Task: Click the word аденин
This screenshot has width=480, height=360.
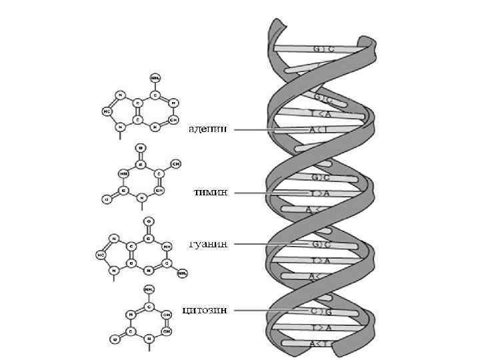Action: tap(207, 129)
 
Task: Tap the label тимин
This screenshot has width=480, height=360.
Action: tap(211, 193)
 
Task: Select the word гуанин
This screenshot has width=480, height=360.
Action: tap(208, 244)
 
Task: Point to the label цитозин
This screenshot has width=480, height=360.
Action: tap(205, 309)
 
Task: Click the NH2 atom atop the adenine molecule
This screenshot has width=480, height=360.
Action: tap(155, 78)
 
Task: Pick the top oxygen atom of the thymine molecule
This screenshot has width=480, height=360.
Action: tap(139, 147)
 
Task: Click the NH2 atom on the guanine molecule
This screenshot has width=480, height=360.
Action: tap(182, 273)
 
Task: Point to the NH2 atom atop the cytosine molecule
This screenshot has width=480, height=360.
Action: tap(149, 289)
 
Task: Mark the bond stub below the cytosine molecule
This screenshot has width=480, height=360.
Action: tap(149, 347)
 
